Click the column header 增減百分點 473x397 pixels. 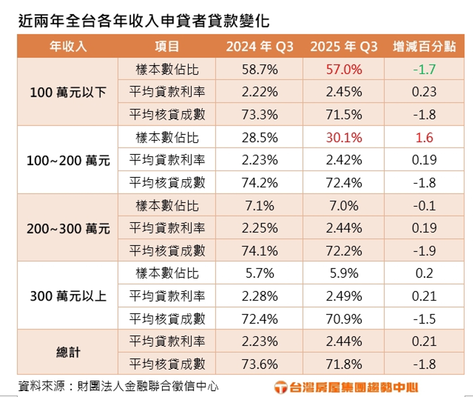(x=424, y=47)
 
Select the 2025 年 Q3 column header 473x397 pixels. (x=344, y=47)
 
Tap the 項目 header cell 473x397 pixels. (x=167, y=47)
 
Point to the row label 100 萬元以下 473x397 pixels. (x=68, y=92)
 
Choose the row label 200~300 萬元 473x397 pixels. (x=68, y=228)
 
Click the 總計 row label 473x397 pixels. (x=68, y=353)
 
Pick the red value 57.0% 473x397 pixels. (x=344, y=69)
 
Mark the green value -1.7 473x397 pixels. (x=424, y=69)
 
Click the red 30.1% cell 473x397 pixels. (x=344, y=137)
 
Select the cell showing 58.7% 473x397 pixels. (x=260, y=69)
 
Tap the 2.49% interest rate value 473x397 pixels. (x=344, y=296)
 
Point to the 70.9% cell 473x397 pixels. (x=344, y=319)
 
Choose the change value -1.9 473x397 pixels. (x=424, y=251)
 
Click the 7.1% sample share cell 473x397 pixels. (x=260, y=205)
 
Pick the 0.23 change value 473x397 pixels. (x=424, y=92)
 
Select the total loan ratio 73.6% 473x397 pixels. (x=260, y=364)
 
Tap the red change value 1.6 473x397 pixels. (x=424, y=137)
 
